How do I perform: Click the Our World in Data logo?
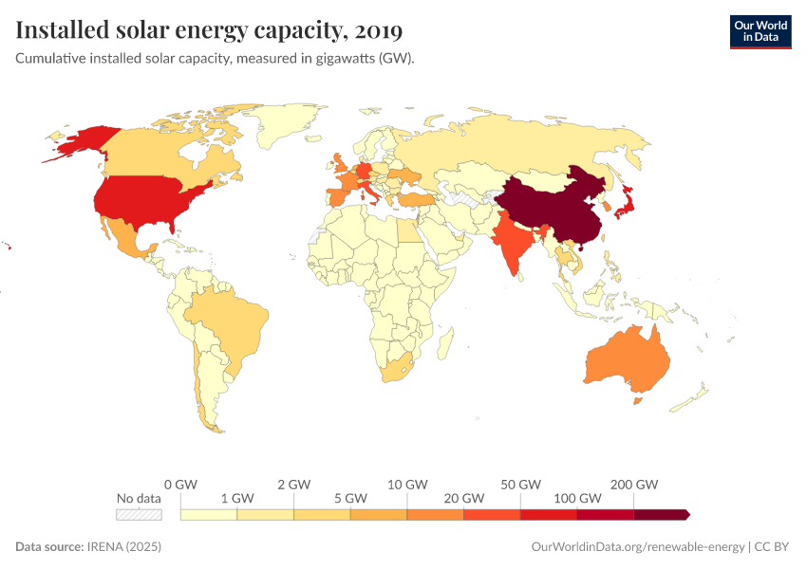(760, 30)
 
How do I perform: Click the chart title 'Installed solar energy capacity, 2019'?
(209, 30)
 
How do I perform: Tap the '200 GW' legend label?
(634, 485)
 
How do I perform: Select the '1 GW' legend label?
(236, 498)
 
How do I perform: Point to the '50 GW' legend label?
(521, 485)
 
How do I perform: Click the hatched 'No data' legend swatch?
(139, 515)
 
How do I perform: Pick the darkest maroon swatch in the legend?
(661, 515)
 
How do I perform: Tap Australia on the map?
(627, 360)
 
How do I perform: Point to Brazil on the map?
(228, 322)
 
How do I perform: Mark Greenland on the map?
(285, 123)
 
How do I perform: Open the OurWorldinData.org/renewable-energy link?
(637, 547)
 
